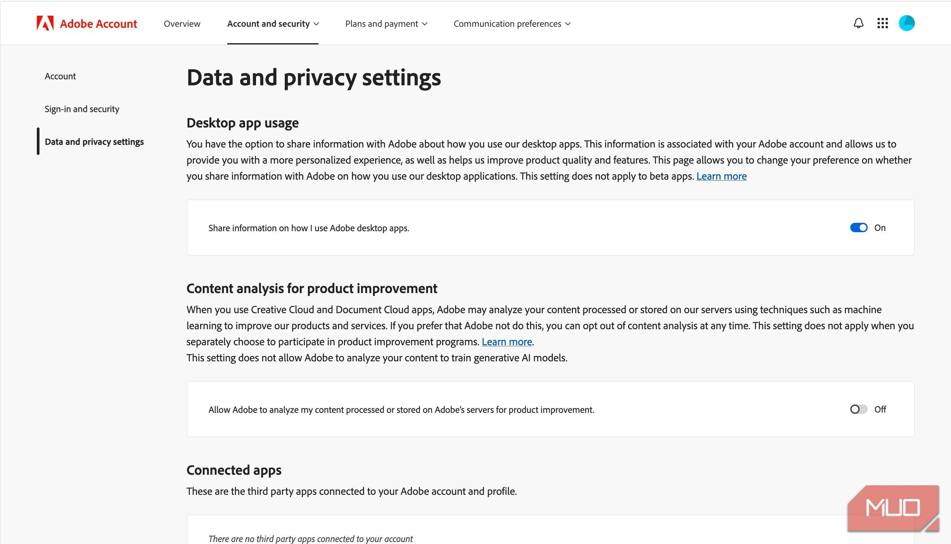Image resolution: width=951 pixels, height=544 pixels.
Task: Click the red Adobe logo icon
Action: [x=45, y=23]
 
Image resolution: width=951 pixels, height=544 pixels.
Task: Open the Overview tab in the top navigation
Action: [x=182, y=23]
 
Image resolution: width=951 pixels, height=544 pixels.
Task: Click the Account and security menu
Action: [x=273, y=23]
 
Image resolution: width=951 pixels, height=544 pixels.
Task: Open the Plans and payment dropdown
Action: [x=386, y=23]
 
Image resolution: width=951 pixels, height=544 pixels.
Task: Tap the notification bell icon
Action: [x=858, y=23]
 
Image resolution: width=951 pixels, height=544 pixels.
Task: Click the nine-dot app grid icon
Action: [x=882, y=23]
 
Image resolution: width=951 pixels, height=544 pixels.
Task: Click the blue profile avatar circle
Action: [x=906, y=23]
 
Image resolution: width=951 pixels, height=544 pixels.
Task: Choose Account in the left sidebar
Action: [x=60, y=76]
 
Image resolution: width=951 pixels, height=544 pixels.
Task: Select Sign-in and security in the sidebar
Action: [x=82, y=109]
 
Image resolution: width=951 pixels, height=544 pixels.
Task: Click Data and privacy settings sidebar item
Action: [x=94, y=142]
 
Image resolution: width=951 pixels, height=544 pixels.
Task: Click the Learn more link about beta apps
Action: [x=721, y=176]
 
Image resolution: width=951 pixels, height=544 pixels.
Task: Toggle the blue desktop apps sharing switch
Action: [x=858, y=228]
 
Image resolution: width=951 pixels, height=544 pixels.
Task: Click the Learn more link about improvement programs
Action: [x=506, y=342]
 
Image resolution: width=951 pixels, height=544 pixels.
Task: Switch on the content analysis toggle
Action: [x=858, y=409]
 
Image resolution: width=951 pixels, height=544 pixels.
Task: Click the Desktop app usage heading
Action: [x=243, y=123]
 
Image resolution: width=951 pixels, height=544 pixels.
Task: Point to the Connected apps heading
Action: [x=234, y=470]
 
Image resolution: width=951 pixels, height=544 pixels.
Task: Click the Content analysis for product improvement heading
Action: [x=312, y=288]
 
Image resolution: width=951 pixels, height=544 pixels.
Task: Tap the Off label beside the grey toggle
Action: [x=880, y=409]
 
